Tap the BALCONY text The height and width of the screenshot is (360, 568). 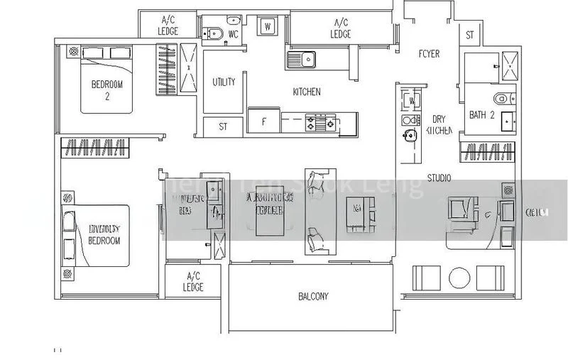(313, 297)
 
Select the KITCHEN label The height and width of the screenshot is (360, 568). (307, 92)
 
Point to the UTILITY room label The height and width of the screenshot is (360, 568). (224, 82)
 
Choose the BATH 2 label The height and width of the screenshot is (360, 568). (481, 114)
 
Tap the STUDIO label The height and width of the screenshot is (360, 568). (439, 178)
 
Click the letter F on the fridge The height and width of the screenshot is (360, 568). (264, 121)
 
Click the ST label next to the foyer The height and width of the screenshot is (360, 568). (470, 35)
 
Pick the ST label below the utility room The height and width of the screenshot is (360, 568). (222, 127)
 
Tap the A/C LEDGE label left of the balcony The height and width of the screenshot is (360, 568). (193, 281)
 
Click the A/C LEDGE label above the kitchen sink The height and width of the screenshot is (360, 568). (340, 28)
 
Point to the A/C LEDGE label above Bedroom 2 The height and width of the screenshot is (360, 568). (169, 26)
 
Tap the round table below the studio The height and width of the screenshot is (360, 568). (459, 276)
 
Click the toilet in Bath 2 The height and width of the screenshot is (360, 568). (501, 98)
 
